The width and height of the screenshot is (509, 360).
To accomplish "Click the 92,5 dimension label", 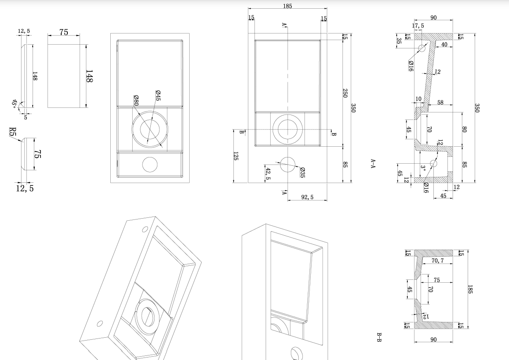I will point(307,198).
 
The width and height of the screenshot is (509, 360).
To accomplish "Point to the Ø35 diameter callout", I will point(302,172).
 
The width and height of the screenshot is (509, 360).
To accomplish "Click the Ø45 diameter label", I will point(158,95).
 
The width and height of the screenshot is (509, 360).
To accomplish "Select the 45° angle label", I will point(15,103).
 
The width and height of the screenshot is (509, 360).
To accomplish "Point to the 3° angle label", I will point(423,169).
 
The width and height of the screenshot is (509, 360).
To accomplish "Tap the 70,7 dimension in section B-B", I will point(438,261).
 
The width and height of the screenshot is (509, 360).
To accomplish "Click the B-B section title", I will point(379,337).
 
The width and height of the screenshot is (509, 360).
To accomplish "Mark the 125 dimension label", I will point(236,156).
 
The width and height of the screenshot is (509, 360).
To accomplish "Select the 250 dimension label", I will point(345,93).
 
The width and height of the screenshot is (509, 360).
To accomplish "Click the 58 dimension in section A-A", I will point(440,102).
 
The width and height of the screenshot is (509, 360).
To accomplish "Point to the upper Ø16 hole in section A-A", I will point(422,48).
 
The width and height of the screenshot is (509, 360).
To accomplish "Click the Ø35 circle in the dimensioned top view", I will point(288,165).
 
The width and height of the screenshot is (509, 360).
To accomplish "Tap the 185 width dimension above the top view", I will point(288,6).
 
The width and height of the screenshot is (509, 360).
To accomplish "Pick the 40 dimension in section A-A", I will point(444,45).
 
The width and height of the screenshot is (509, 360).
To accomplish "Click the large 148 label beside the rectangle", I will point(89,76).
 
